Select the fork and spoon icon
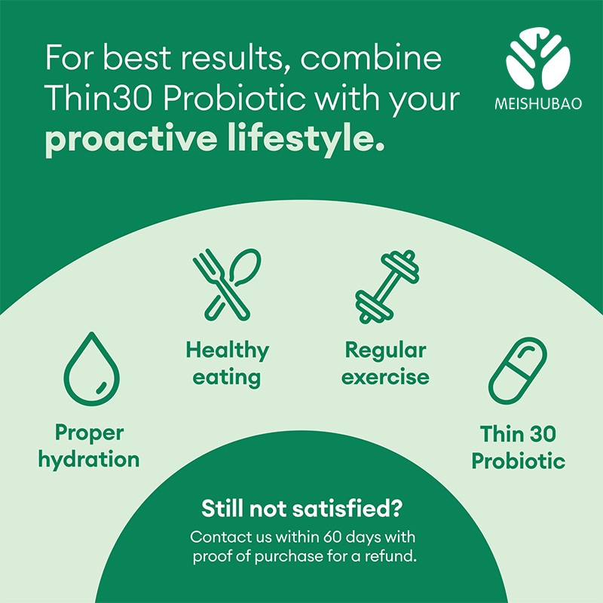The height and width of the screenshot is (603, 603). (226, 283)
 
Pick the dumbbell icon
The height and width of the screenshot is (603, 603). (386, 286)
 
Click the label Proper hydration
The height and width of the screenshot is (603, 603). (89, 446)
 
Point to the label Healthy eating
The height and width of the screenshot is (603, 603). (227, 363)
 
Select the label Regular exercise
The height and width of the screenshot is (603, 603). (385, 363)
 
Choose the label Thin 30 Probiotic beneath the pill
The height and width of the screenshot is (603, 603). (518, 447)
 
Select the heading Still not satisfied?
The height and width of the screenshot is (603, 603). (301, 509)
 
